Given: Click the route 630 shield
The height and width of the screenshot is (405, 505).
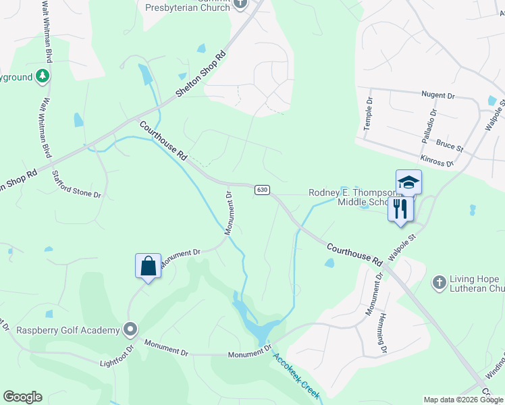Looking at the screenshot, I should tap(263, 190).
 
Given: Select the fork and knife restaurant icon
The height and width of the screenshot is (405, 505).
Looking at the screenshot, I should tap(400, 209).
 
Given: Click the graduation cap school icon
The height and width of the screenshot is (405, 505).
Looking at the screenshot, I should tap(408, 182).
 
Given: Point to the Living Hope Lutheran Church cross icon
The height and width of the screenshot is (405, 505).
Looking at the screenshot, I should tap(439, 281).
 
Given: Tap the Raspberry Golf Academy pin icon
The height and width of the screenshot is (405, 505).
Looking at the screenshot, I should tap(130, 330).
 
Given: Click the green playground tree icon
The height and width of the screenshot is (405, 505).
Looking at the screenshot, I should tap(43, 76).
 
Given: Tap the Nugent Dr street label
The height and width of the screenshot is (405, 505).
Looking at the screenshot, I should tap(440, 95).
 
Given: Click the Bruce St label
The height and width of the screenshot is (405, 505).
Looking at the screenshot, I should tap(450, 145).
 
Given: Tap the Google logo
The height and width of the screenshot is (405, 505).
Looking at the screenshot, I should tap(22, 397).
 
